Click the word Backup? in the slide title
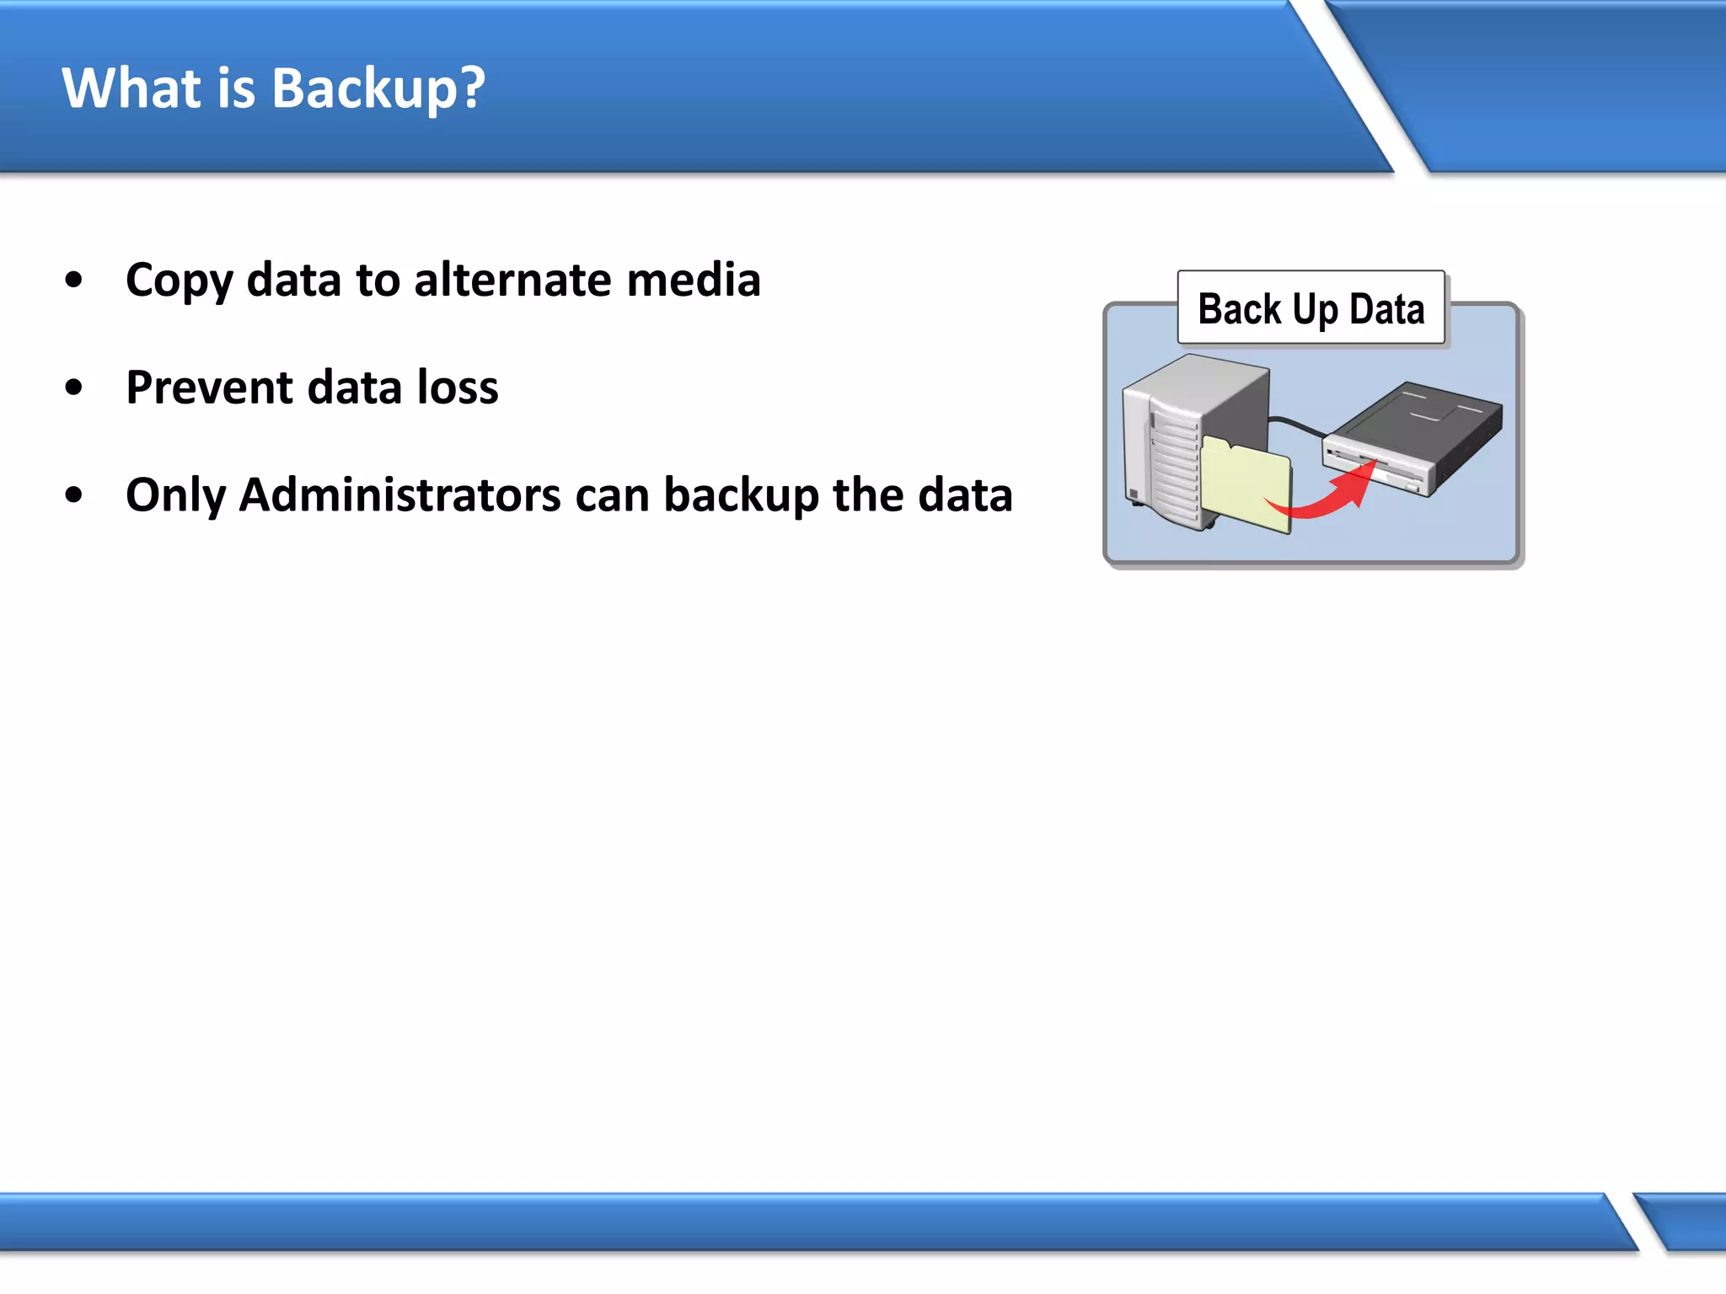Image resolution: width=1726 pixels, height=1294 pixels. pyautogui.click(x=378, y=89)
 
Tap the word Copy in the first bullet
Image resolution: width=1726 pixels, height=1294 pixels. pyautogui.click(x=179, y=281)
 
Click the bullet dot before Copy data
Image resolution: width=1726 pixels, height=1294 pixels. pyautogui.click(x=74, y=281)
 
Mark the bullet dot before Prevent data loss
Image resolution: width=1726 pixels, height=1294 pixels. pyautogui.click(x=74, y=388)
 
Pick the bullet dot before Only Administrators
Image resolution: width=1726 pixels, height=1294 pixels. pyautogui.click(x=74, y=495)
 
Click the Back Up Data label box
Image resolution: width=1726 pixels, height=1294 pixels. pyautogui.click(x=1311, y=307)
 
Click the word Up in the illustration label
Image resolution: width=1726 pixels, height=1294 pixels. pyautogui.click(x=1315, y=310)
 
